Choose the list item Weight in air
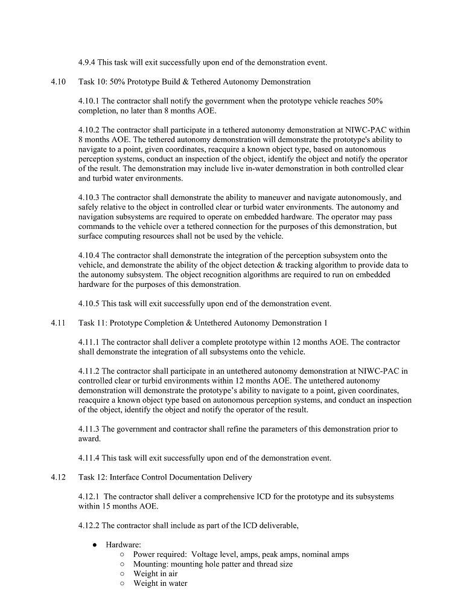tap(155, 574)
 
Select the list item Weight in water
tap(160, 583)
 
